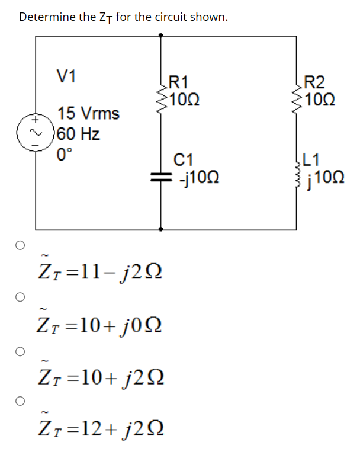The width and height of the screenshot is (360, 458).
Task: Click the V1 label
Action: [x=66, y=76]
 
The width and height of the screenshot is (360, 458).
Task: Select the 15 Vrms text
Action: [x=88, y=113]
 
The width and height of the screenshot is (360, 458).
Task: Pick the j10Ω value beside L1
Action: [x=323, y=177]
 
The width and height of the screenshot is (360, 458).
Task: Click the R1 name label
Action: [x=179, y=82]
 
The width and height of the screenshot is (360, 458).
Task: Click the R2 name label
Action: [x=313, y=82]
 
